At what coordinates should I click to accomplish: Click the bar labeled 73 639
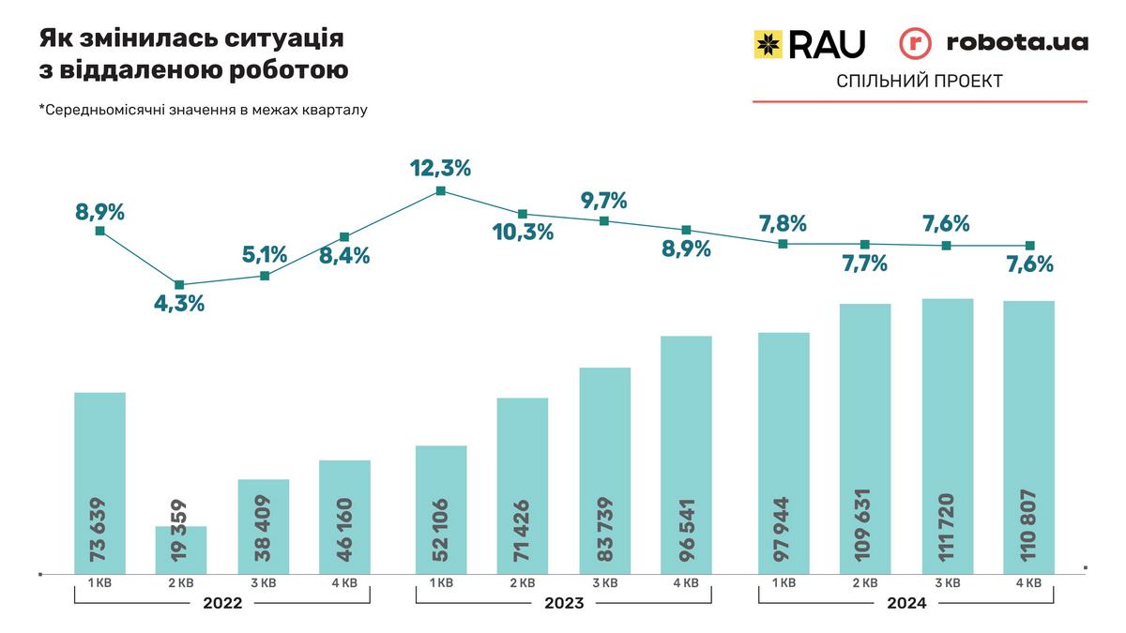point(99,482)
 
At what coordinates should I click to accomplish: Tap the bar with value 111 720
point(948,436)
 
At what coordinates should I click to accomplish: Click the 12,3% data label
point(440,169)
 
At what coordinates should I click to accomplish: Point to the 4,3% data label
point(178,304)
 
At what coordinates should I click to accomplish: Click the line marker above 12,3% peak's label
point(441,191)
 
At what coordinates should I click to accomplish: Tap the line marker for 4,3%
point(179,285)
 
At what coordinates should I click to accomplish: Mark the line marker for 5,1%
point(265,276)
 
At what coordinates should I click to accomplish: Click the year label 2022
point(222,604)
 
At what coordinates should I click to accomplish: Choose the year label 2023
point(563,604)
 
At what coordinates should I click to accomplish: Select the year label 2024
point(905,604)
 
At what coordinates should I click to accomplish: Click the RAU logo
point(809,43)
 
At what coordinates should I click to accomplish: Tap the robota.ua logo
point(994,43)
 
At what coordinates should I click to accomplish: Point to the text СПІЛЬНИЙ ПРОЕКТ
point(919,82)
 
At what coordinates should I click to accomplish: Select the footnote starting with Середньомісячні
point(203,110)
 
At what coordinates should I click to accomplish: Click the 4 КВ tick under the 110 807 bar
point(1028,582)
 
